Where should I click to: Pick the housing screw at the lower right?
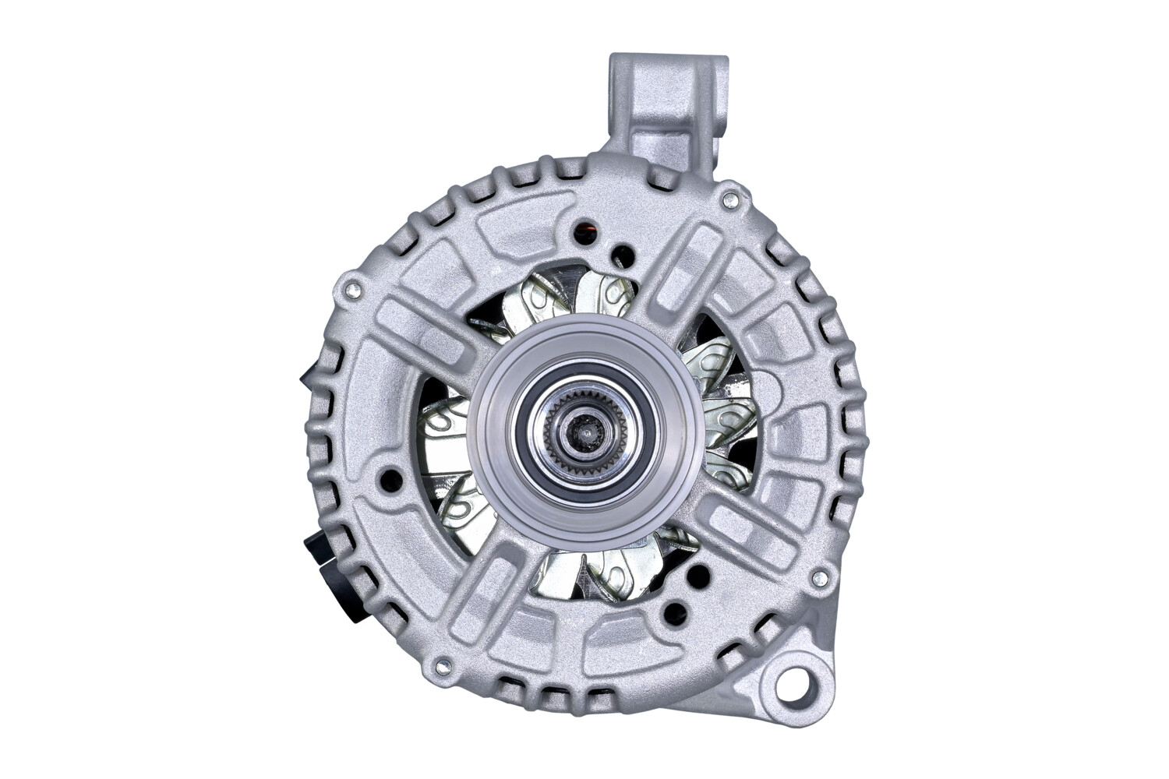[818, 579]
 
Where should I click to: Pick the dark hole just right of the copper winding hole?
[622, 254]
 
